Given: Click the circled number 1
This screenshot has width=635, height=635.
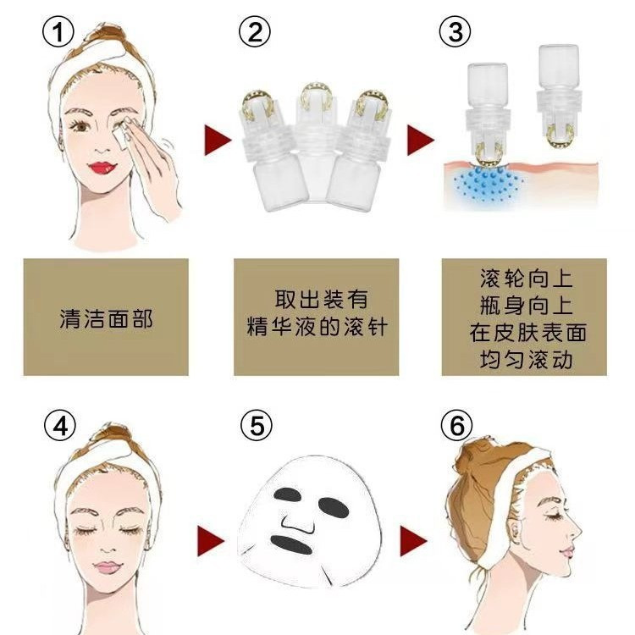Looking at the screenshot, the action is click(58, 31).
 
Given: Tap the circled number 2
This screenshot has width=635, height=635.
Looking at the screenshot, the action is click(255, 31).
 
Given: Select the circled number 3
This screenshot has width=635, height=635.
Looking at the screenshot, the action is click(456, 31).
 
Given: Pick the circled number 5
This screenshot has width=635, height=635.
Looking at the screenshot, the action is click(257, 425).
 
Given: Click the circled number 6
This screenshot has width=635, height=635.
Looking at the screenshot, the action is click(457, 425).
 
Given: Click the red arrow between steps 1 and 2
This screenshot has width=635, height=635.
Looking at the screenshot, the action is click(217, 140).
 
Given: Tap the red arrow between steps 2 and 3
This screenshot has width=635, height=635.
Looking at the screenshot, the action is click(420, 140).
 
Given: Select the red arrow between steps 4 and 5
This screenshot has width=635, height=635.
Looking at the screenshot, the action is click(211, 541).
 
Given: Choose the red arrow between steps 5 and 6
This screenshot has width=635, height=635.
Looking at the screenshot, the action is click(413, 541).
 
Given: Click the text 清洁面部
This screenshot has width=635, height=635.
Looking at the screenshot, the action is click(106, 318).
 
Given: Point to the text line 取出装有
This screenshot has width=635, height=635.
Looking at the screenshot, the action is click(322, 300).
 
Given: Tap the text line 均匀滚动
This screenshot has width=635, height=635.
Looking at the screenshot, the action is click(526, 360).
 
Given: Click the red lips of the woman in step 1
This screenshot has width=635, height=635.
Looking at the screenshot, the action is click(102, 168).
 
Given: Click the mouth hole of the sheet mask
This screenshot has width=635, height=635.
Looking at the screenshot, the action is click(291, 544).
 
